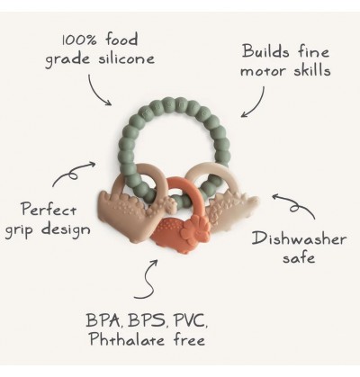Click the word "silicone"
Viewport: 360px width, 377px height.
pos(126,58)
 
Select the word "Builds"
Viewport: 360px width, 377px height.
pos(265,51)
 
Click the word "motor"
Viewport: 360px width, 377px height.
pos(263,71)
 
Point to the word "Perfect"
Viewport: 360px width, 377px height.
pos(49,209)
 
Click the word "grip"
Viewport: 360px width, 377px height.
pos(22,230)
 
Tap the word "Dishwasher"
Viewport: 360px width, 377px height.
pos(299,238)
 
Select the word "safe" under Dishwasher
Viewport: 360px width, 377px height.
pos(299,257)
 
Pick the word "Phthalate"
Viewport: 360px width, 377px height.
pos(127,339)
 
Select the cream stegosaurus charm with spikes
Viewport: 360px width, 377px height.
pos(233,210)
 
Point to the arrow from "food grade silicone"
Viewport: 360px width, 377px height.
pos(96,91)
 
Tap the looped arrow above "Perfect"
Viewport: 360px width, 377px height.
pos(72,174)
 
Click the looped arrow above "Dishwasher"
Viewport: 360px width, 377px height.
pos(295,205)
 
